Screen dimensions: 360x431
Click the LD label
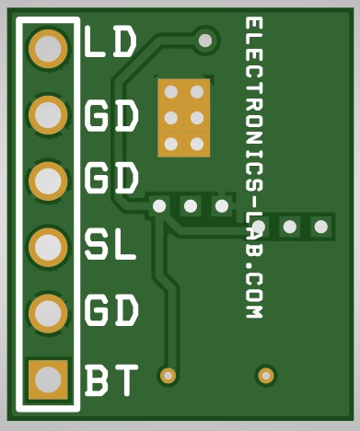point(110,42)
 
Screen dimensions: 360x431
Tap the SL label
point(110,245)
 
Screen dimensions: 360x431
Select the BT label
point(111,379)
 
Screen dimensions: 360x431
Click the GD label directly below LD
point(111,116)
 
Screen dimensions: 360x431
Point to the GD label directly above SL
point(111,178)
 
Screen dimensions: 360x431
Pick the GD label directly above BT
point(111,311)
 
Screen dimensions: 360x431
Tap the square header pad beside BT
point(48,379)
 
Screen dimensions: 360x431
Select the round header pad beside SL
point(48,247)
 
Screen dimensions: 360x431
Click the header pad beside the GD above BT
point(48,313)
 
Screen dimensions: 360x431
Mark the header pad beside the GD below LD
point(48,114)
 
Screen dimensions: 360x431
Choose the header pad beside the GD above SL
point(48,181)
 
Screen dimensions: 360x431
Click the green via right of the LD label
point(205,41)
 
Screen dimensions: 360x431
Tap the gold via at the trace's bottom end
point(168,375)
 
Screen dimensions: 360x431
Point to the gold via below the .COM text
point(266,375)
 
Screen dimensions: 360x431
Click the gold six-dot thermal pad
point(183,118)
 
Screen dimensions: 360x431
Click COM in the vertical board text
point(255,297)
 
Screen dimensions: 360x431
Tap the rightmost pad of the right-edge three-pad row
point(320,226)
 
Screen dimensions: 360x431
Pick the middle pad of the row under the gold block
point(191,205)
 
